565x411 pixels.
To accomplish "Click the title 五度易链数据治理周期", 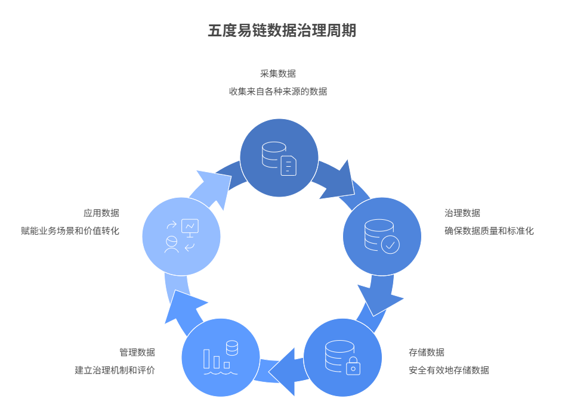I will point(282,31).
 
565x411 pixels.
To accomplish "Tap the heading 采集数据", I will point(278,74).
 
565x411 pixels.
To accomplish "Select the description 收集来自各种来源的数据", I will point(278,92).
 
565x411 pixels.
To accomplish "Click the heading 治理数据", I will point(462,213).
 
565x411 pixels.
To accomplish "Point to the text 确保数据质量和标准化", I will point(489,231).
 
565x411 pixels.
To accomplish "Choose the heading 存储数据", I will point(427,353).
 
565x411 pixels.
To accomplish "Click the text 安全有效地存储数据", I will point(449,370).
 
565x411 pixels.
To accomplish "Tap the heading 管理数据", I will point(137,353).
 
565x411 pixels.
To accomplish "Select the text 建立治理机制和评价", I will point(115,370).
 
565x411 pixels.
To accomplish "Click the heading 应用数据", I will point(101,213).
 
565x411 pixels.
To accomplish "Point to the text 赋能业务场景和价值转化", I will point(70,231).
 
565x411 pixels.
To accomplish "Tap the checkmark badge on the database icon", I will point(390,244).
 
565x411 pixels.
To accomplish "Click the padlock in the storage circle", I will point(353,366).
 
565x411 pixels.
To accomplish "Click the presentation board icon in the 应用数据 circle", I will point(190,227).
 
